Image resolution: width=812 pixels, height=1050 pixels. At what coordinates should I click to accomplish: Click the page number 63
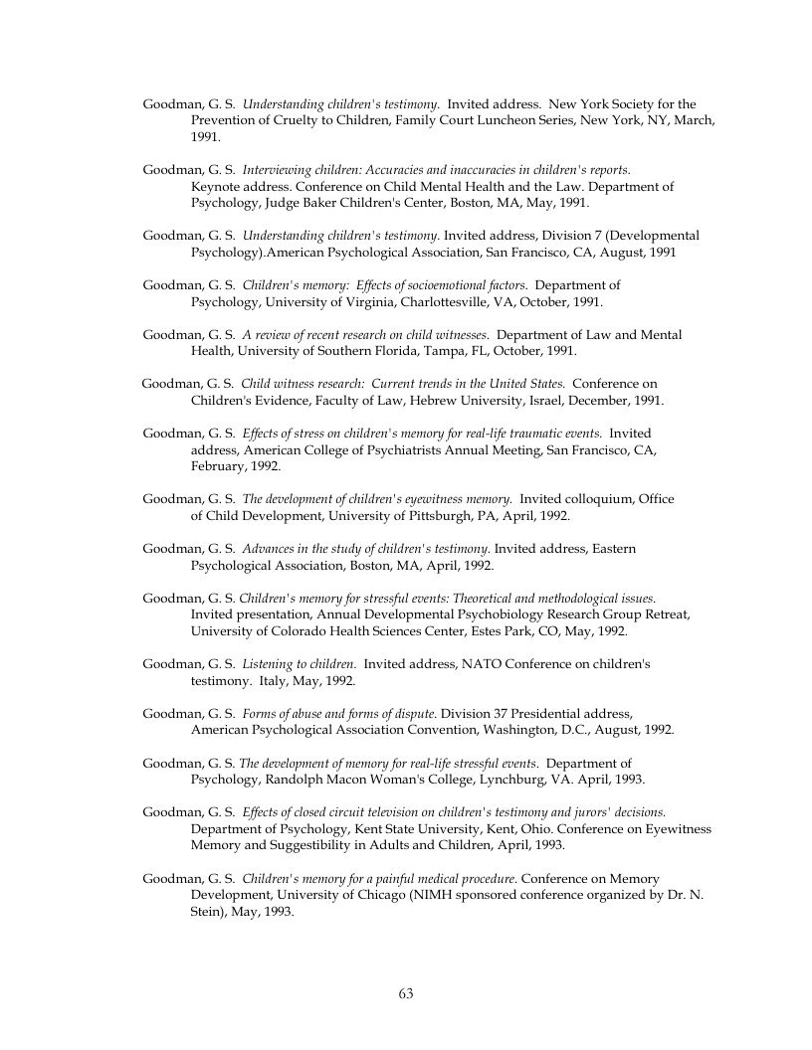pyautogui.click(x=406, y=993)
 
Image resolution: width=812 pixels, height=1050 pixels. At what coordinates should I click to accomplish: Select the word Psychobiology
pyautogui.click(x=472, y=614)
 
